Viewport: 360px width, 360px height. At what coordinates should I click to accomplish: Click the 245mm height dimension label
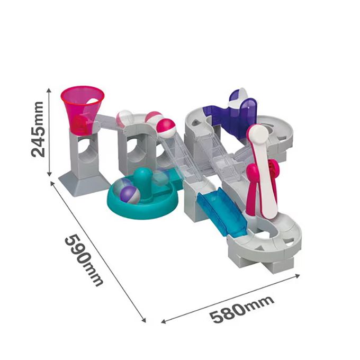pyautogui.click(x=37, y=129)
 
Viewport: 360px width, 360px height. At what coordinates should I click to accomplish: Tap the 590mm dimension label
pyautogui.click(x=84, y=260)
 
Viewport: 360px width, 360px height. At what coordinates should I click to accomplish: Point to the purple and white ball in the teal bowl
pyautogui.click(x=130, y=194)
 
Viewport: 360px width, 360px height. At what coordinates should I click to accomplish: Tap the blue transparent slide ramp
pyautogui.click(x=222, y=211)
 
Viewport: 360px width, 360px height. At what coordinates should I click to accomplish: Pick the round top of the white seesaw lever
pyautogui.click(x=259, y=134)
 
